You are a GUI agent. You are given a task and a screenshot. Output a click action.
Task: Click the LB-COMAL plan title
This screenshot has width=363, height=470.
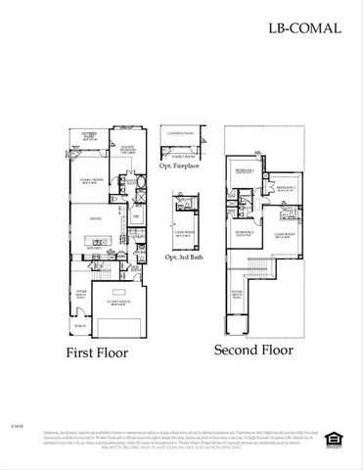pyautogui.click(x=304, y=27)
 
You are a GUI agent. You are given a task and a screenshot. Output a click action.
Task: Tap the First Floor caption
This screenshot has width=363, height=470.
pyautogui.click(x=100, y=351)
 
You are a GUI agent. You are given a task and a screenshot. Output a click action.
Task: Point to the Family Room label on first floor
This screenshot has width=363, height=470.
pyautogui.click(x=91, y=181)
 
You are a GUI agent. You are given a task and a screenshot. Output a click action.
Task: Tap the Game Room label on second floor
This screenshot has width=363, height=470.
pyautogui.click(x=284, y=235)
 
